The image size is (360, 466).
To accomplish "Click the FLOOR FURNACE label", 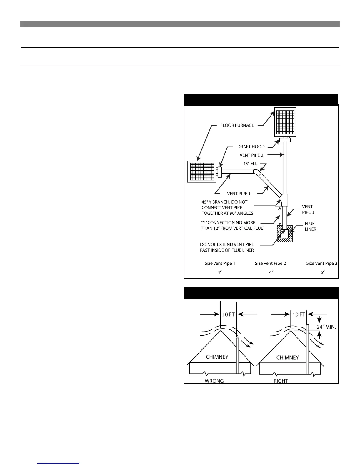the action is click(x=237, y=125).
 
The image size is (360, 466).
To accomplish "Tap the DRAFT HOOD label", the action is click(x=251, y=147).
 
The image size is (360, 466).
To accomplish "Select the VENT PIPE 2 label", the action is click(x=251, y=155).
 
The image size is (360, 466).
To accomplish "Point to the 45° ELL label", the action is click(x=250, y=164).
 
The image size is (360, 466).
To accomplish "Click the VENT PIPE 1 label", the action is click(x=239, y=194).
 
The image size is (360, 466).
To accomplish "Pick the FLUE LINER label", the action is click(x=310, y=226).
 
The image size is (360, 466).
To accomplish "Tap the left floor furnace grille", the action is click(x=202, y=172).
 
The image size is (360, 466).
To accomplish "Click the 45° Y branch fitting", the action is click(x=284, y=200).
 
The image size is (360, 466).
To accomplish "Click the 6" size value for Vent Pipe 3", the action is click(x=322, y=272).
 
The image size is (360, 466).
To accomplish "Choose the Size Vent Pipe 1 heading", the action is click(x=220, y=263).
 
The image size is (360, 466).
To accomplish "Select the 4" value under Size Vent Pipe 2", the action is click(x=271, y=272).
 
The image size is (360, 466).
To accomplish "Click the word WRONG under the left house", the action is click(x=214, y=381).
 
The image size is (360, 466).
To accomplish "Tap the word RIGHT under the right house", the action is click(x=281, y=381).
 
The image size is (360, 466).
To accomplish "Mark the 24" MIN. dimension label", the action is click(x=326, y=327).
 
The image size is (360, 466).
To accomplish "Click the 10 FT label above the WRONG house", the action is click(x=228, y=314).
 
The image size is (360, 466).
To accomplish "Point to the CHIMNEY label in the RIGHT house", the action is click(x=287, y=357).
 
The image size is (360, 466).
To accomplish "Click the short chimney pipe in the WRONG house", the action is click(x=237, y=356).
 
